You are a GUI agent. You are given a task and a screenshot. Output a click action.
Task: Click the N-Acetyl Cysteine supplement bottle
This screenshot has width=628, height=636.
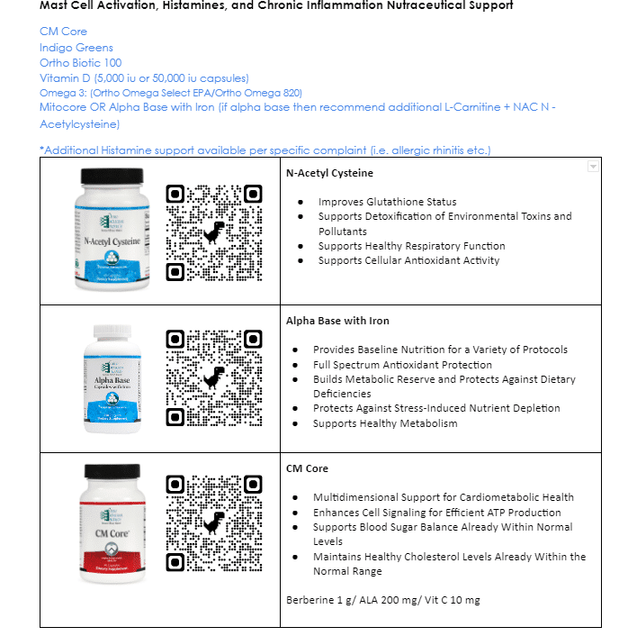click(112, 229)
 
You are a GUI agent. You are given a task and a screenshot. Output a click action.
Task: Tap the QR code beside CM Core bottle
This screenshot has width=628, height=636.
click(213, 524)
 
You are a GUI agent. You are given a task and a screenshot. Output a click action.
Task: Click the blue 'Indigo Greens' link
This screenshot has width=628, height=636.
click(76, 47)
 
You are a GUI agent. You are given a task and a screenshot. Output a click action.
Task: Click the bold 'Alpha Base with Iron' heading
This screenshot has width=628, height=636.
click(337, 320)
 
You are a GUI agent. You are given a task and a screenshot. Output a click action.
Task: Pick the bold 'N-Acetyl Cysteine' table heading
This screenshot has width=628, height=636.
click(329, 172)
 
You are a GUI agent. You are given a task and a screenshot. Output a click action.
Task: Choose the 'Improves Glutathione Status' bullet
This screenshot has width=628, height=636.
click(387, 202)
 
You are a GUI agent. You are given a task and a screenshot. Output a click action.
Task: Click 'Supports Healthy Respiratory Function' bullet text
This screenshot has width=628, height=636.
click(411, 246)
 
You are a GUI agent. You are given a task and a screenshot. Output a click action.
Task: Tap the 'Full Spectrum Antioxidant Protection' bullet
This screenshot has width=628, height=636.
click(402, 365)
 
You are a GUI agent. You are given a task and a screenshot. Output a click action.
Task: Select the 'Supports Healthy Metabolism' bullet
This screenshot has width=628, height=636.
click(385, 423)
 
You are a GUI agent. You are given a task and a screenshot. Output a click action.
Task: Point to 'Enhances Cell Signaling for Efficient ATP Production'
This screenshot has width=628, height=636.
click(436, 512)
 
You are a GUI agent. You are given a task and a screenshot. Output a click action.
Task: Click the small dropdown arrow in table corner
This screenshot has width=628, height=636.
click(592, 167)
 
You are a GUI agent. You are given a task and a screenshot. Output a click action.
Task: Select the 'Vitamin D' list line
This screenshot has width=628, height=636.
click(144, 77)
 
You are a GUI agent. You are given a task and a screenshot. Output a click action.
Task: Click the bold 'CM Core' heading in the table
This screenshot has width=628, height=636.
click(307, 468)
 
